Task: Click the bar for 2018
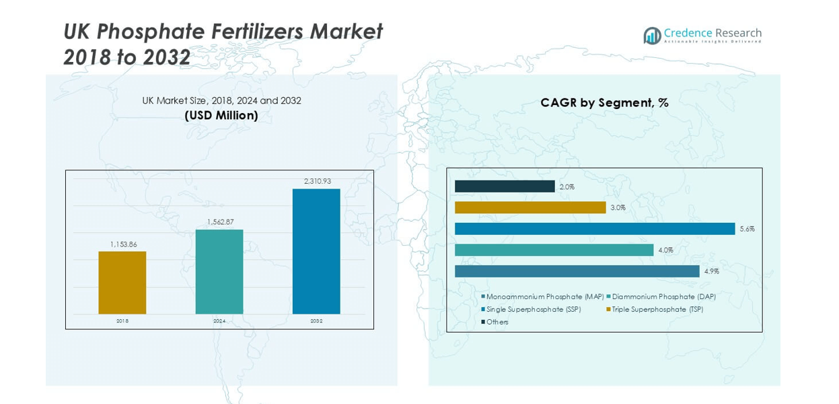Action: coord(122,283)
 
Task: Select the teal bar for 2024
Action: coord(219,271)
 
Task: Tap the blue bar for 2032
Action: coord(316,251)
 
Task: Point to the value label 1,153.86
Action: coord(123,244)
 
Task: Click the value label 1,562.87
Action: coord(220,222)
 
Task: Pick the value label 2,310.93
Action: coord(318,181)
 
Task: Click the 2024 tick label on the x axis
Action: coord(219,321)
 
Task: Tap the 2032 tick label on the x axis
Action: coord(316,321)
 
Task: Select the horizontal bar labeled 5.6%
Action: coord(595,229)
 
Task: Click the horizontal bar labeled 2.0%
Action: coord(505,187)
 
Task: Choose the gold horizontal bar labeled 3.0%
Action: coord(530,207)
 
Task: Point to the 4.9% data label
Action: coord(712,271)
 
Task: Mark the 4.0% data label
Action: coord(665,250)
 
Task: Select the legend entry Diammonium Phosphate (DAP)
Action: coord(663,297)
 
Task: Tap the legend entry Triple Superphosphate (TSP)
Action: coord(657,309)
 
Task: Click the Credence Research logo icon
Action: coord(652,36)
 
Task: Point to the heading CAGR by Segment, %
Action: coord(604,103)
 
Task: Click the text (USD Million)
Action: coord(221,116)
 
